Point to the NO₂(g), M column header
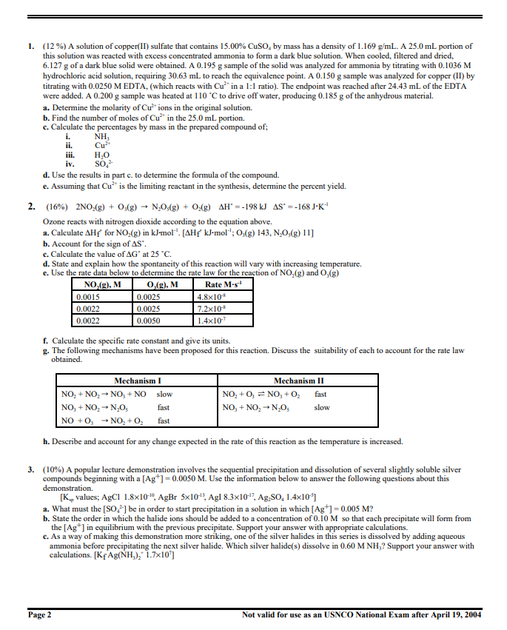pos(103,285)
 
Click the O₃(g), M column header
pos(163,285)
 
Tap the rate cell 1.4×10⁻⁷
pos(210,321)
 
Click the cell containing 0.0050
pos(150,321)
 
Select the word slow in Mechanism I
pos(164,395)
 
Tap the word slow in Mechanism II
pos(322,407)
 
